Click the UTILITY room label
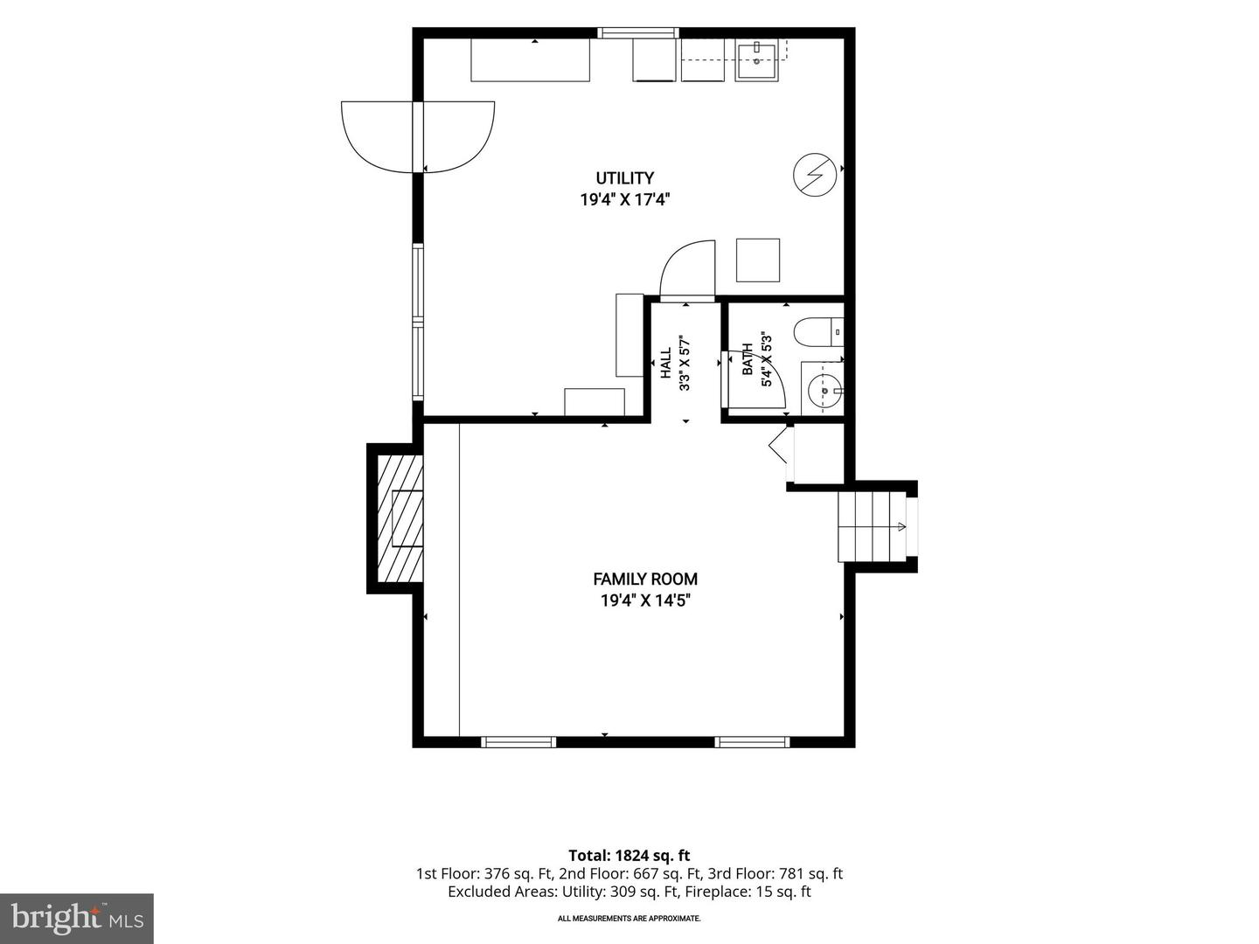(624, 177)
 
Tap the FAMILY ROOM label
(645, 579)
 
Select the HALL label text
(666, 363)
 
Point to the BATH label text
(748, 359)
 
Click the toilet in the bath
(818, 332)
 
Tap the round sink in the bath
(825, 391)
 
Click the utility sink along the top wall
(756, 60)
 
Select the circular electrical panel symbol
(815, 175)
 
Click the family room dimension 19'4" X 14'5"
(645, 600)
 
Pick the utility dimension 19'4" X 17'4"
(624, 199)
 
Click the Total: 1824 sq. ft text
(629, 855)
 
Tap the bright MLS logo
(77, 918)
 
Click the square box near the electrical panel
(758, 260)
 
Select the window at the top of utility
(638, 32)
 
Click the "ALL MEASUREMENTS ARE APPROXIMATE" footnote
(629, 918)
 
